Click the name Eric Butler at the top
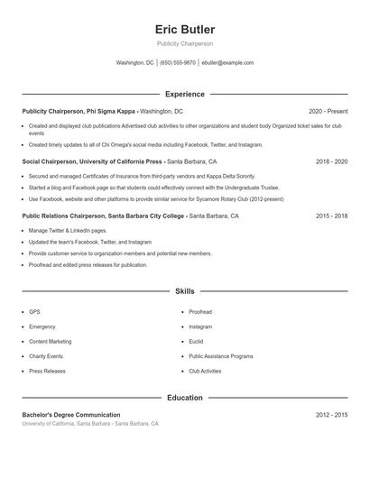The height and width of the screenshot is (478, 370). coord(185,29)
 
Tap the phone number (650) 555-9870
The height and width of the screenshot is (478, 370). coord(178,63)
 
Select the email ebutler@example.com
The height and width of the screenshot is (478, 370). coord(227,63)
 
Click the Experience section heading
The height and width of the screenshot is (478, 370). coord(185,94)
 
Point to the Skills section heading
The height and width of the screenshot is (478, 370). coord(185,291)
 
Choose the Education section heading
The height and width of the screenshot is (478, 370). coord(185,398)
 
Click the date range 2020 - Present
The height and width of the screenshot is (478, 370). coord(328,111)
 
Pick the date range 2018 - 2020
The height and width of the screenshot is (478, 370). coord(331,161)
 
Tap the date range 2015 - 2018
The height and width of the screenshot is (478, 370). coord(331,216)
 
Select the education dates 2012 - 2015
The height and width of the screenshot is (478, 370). coord(331,415)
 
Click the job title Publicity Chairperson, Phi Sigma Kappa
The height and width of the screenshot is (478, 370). coord(79,111)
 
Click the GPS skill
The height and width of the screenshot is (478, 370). coord(34,311)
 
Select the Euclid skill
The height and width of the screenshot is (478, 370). coord(197,342)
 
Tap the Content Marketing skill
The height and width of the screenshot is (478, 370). coord(50,342)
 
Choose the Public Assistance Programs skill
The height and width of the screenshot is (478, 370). coord(220,356)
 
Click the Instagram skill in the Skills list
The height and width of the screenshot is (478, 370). coord(200,326)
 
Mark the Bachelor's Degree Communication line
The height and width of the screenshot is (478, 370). coord(71,415)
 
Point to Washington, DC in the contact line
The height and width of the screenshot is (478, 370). coord(135,63)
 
